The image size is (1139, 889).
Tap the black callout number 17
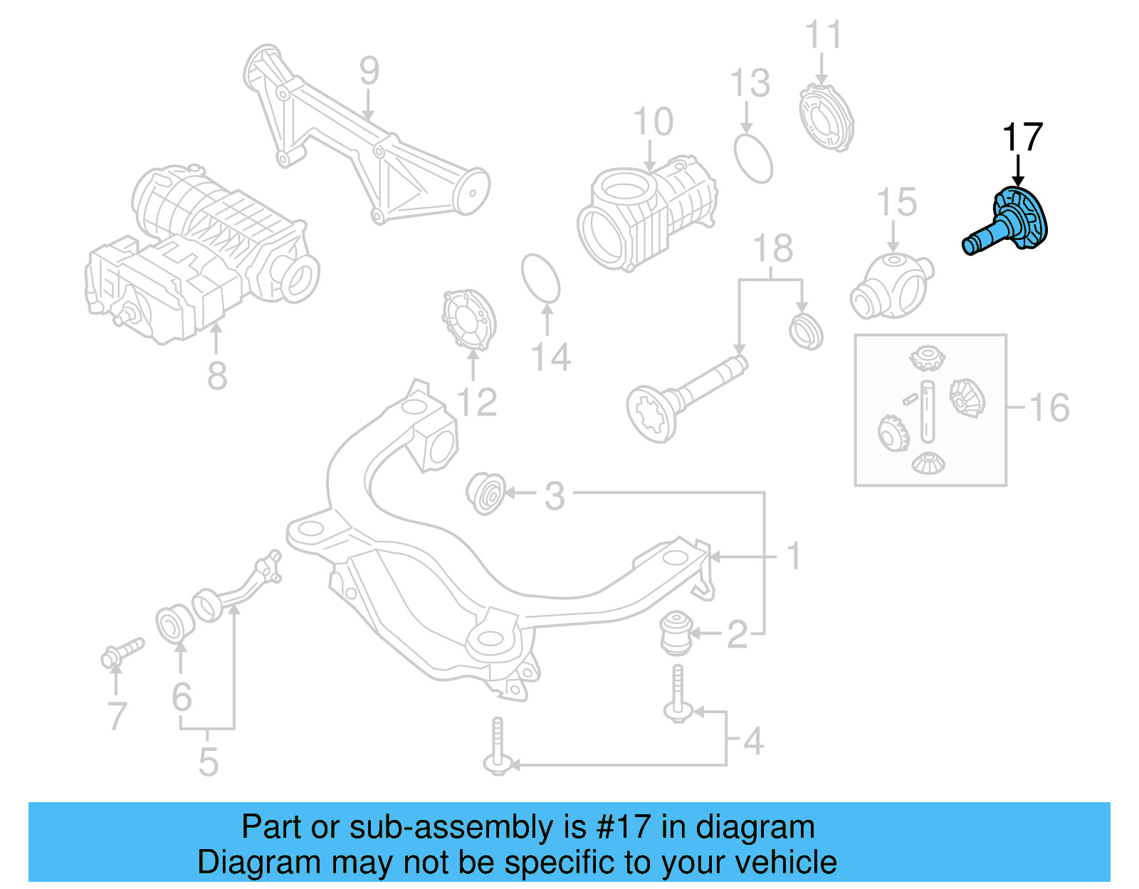[x=1022, y=137]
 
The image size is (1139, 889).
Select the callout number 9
[x=369, y=70]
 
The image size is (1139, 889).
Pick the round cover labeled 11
[x=825, y=117]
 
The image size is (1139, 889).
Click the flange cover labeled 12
[x=468, y=320]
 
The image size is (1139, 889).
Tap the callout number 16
[x=1049, y=408]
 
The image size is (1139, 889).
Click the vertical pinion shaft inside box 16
[x=926, y=411]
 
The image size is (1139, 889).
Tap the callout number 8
[x=217, y=375]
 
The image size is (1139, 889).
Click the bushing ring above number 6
[x=174, y=624]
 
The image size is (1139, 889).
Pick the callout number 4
[x=753, y=741]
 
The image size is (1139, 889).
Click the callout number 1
[x=794, y=556]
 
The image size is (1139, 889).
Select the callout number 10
[x=653, y=122]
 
